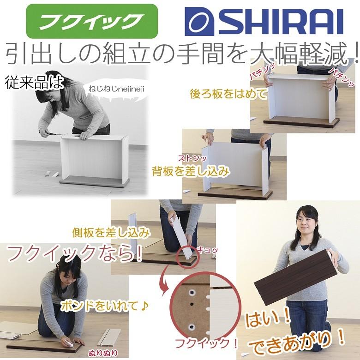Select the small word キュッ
tap(207, 250)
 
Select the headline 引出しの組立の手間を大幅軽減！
tap(180, 54)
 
